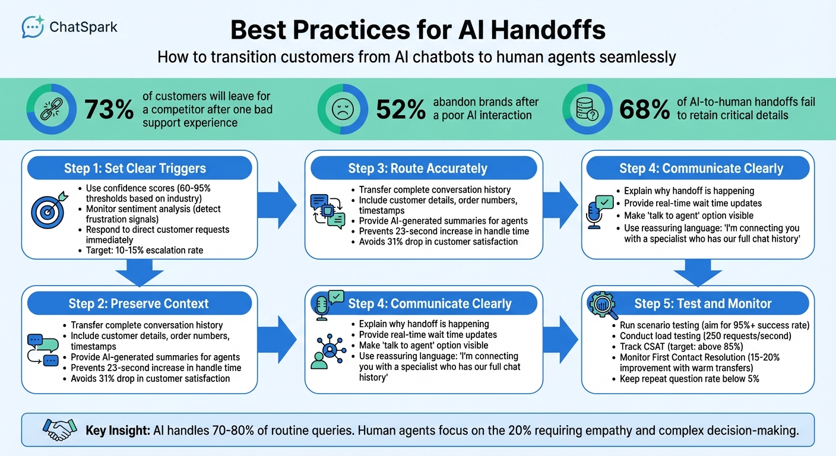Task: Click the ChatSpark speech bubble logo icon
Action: pos(33,27)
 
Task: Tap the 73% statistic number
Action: pos(109,110)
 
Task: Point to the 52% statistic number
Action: pos(401,110)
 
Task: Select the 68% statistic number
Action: pos(644,110)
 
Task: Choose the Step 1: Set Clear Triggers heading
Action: pos(135,169)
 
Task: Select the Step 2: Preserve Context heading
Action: pos(138,304)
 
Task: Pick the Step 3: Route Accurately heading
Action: pos(417,169)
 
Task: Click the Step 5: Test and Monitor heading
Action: pos(702,304)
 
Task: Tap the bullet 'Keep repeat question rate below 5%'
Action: pos(689,379)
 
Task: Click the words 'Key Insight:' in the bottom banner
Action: pos(118,430)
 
